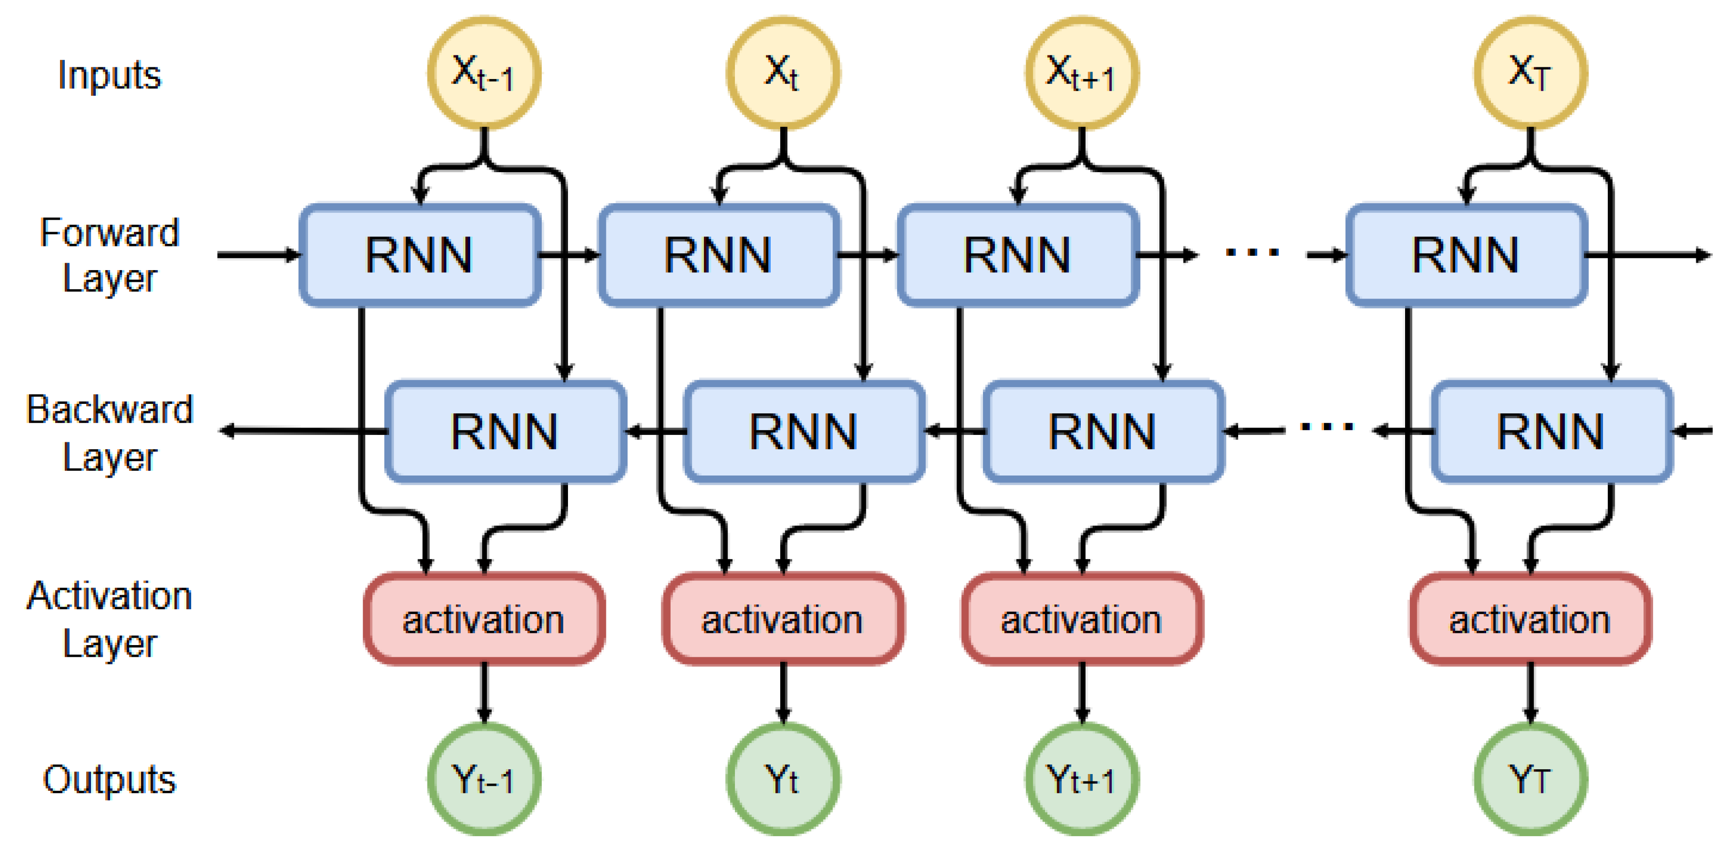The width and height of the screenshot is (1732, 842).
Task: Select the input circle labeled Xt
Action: (783, 73)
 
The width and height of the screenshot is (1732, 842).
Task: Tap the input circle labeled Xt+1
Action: (1082, 73)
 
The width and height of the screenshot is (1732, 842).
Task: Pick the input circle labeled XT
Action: (1530, 73)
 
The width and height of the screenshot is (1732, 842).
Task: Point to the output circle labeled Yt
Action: (783, 780)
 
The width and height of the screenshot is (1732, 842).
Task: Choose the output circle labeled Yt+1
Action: (1082, 780)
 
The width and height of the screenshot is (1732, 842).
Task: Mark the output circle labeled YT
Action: (1530, 780)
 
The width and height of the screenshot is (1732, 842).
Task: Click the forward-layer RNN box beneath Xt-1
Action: (420, 255)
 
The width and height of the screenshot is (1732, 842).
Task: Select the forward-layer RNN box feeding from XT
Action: (1466, 255)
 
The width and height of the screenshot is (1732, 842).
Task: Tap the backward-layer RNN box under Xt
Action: (803, 431)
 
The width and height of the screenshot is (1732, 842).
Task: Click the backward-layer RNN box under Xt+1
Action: (1103, 431)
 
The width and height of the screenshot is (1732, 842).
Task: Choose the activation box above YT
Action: (1530, 619)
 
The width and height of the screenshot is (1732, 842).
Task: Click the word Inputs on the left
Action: (110, 75)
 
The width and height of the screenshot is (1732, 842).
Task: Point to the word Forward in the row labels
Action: (110, 233)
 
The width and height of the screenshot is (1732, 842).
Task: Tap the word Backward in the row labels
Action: (110, 409)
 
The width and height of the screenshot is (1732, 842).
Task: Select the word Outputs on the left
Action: (110, 780)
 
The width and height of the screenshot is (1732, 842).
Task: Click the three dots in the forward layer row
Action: (1251, 253)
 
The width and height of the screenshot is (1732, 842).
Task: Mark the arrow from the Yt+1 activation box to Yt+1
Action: (1082, 692)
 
